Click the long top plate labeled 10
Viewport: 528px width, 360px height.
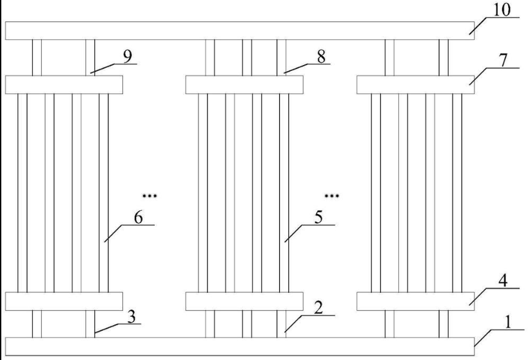tap(239, 30)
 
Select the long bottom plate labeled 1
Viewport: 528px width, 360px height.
tap(239, 346)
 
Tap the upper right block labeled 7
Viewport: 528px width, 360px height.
tap(415, 85)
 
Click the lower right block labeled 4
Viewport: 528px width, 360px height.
tap(415, 301)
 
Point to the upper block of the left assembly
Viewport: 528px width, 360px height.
tap(64, 85)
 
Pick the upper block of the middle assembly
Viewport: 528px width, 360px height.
tap(244, 85)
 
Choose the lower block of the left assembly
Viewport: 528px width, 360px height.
tap(64, 301)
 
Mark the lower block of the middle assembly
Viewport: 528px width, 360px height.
tap(244, 301)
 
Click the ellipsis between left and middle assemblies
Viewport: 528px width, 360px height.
tap(150, 194)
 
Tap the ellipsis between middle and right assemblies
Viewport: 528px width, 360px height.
tap(331, 194)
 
